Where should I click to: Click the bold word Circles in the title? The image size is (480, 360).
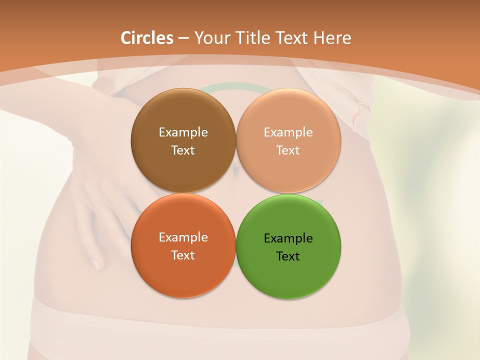pyautogui.click(x=146, y=38)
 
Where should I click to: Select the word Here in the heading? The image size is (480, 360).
pyautogui.click(x=332, y=38)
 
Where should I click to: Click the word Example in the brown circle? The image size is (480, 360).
pyautogui.click(x=183, y=132)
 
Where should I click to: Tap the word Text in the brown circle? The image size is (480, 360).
pyautogui.click(x=183, y=150)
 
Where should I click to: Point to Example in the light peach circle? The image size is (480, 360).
pyautogui.click(x=288, y=132)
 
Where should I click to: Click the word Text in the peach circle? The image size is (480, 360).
pyautogui.click(x=288, y=150)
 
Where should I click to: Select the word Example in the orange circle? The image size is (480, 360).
pyautogui.click(x=183, y=237)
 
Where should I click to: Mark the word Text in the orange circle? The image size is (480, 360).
pyautogui.click(x=183, y=255)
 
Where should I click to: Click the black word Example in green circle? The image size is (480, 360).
pyautogui.click(x=288, y=238)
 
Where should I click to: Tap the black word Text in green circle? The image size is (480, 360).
pyautogui.click(x=288, y=256)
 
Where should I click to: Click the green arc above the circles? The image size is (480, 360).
pyautogui.click(x=235, y=86)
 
